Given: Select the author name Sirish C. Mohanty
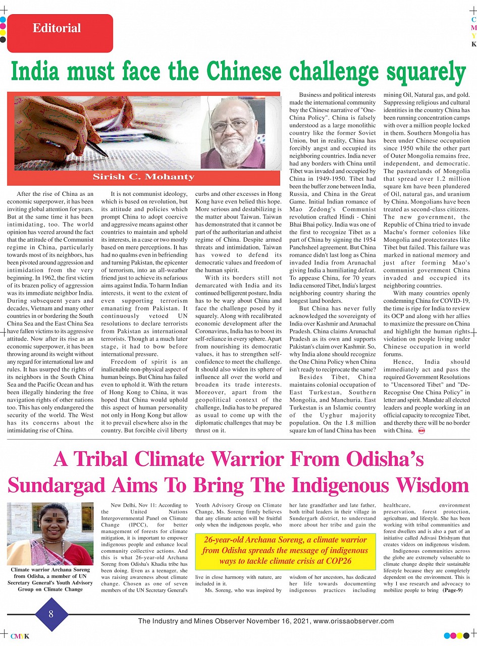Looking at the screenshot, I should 143,177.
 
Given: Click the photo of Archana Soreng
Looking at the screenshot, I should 50,533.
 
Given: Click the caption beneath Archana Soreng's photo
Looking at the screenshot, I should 50,579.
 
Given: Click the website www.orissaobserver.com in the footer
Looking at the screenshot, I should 353,621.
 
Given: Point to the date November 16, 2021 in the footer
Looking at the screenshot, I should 277,621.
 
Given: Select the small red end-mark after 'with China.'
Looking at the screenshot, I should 420,430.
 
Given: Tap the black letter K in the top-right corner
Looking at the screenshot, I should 473,44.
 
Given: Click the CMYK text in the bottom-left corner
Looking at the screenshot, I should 20,636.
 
